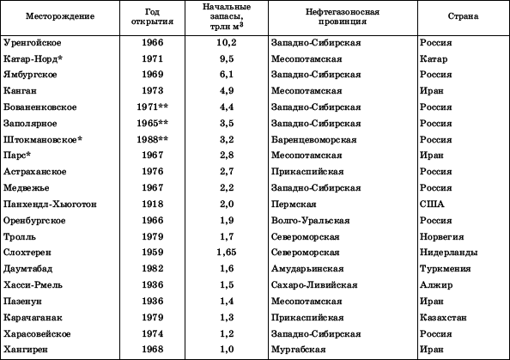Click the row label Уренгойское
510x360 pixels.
pyautogui.click(x=33, y=41)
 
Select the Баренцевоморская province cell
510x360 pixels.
pyautogui.click(x=311, y=139)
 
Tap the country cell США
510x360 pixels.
pyautogui.click(x=432, y=204)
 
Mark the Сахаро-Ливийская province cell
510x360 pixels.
pyautogui.click(x=310, y=285)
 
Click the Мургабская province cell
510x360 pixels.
pyautogui.click(x=298, y=350)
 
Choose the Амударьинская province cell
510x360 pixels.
pyautogui.click(x=307, y=269)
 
